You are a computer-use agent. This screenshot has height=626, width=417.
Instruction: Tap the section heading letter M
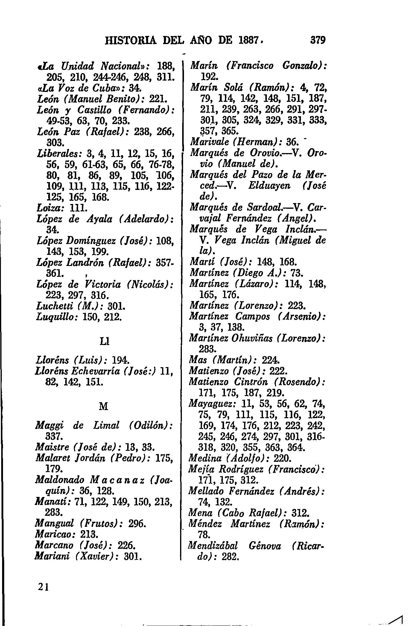(x=103, y=407)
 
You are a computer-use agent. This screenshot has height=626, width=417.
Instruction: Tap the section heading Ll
(x=104, y=341)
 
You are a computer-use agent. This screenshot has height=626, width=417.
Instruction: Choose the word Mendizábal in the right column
(x=213, y=546)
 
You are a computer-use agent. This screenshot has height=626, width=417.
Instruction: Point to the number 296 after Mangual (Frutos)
(x=137, y=524)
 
